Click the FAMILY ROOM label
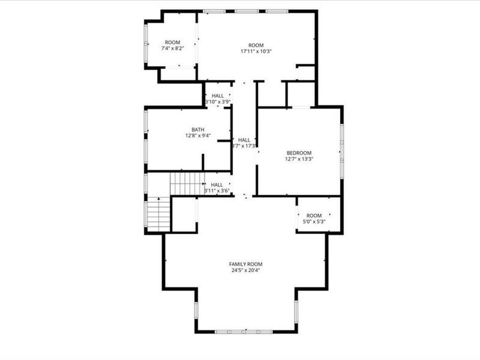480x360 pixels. pos(245,264)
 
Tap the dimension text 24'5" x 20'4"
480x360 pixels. pos(245,270)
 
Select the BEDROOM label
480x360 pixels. pos(298,153)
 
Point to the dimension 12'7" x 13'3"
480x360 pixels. pos(298,159)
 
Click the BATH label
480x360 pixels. pos(197,130)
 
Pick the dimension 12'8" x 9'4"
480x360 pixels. pos(197,136)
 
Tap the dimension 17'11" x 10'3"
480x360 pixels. pos(256,52)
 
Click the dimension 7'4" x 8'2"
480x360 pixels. pos(172,49)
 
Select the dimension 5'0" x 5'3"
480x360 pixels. pos(314,222)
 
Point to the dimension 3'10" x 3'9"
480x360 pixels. pos(217,102)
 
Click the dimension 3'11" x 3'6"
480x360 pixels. pos(217,191)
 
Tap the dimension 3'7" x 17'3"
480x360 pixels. pos(244,146)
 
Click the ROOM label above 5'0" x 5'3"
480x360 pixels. pos(314,216)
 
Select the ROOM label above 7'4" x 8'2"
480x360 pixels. pos(172,43)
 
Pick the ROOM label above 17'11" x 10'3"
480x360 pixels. pos(256,46)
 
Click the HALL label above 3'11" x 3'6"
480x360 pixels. pos(217,185)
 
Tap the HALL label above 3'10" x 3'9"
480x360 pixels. pos(217,96)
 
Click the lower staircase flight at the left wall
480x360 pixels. pos(159,215)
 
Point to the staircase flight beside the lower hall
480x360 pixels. pos(187,184)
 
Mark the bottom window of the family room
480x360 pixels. pos(245,331)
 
